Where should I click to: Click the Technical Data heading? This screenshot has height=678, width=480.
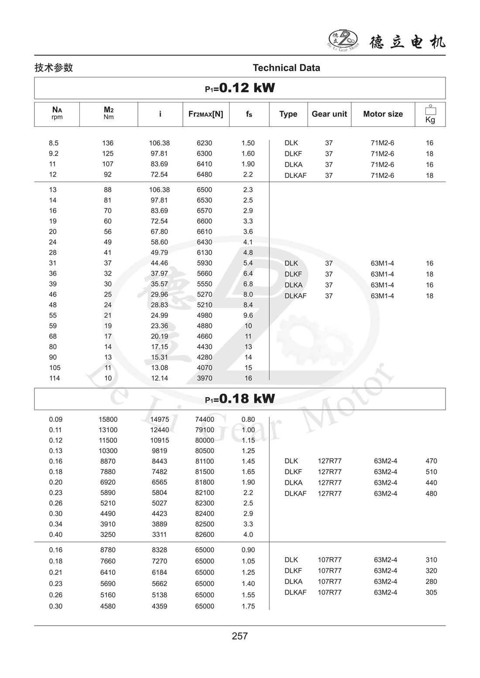pos(286,68)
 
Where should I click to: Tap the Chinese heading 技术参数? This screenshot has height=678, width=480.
pos(54,68)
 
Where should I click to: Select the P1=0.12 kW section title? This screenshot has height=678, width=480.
pos(240,88)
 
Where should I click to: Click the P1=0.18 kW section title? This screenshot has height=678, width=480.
pos(240,399)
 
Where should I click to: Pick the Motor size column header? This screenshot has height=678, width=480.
pos(383,114)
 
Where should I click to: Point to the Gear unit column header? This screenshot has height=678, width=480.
pos(329,114)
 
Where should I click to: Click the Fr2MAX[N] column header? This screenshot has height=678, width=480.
pos(206,114)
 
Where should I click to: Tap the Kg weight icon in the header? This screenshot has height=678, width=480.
pos(430,114)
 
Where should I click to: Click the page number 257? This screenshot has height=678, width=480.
pos(240,636)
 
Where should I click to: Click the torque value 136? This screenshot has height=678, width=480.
pos(108,143)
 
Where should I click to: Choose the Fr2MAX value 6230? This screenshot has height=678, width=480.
pos(205,143)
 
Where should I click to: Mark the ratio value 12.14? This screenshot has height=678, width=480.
pos(159,378)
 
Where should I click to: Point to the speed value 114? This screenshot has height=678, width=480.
pos(55,378)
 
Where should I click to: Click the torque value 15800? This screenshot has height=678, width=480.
pos(108,419)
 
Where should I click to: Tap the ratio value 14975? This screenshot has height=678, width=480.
pos(159,419)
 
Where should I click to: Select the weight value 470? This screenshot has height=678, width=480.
pos(431,461)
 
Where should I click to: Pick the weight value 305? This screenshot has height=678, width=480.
pos(431,592)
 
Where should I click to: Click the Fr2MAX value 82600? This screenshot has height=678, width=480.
pos(205,535)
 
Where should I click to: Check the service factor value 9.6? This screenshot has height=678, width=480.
pos(248,315)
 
